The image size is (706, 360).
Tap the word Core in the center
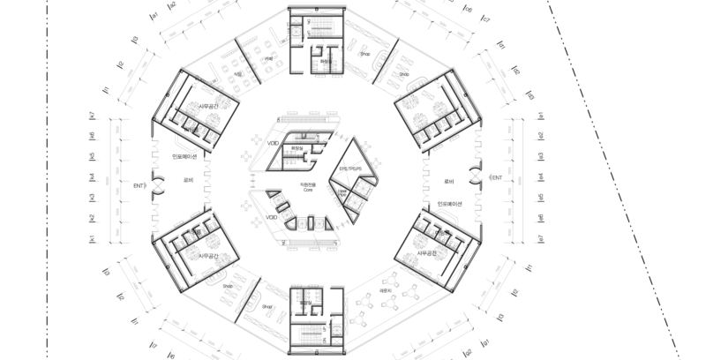[308, 189]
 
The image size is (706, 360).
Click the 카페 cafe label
[268, 59]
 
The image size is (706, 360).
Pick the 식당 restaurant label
[238, 76]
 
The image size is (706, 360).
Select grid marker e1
[540, 115]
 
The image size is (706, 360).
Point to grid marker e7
[540, 238]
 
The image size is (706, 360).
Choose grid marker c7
[486, 18]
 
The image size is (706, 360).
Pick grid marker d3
[530, 96]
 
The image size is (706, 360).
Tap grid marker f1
[529, 265]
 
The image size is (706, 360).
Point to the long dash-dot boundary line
[619, 176]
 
